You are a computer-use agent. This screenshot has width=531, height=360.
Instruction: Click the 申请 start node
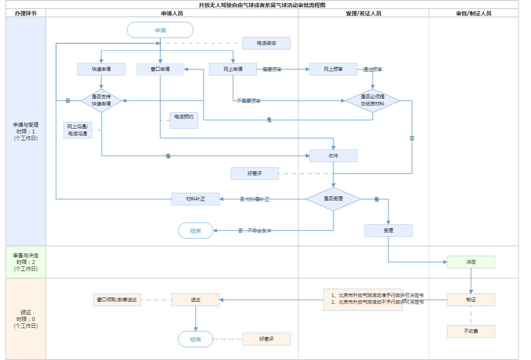click(x=160, y=30)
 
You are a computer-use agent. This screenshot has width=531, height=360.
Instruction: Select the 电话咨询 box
click(x=266, y=43)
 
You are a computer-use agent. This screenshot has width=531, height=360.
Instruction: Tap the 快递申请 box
click(x=101, y=69)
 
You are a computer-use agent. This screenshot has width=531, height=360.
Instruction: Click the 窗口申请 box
click(x=160, y=69)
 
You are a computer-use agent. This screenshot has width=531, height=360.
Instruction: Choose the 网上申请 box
click(x=233, y=69)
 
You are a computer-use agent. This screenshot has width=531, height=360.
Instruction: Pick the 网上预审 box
click(x=333, y=69)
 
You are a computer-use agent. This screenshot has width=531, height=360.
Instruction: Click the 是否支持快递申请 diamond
click(x=101, y=101)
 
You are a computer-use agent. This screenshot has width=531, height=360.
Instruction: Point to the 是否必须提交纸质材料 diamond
click(x=372, y=101)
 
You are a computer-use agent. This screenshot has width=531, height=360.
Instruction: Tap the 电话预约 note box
click(x=184, y=120)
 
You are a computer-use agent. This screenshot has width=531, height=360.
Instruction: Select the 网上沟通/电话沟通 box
click(x=77, y=130)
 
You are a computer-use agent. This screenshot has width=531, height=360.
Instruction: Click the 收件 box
click(x=333, y=156)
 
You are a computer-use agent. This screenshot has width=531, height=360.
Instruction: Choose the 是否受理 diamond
click(x=333, y=199)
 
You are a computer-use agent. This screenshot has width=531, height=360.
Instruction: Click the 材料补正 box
click(x=195, y=199)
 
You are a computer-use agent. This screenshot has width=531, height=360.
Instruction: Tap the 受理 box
click(x=388, y=231)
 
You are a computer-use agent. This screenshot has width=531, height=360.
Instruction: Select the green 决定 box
click(x=471, y=262)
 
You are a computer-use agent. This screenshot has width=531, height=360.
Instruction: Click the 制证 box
click(x=471, y=300)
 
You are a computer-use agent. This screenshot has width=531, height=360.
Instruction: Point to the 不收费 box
click(x=471, y=331)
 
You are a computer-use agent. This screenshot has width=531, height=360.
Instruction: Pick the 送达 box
click(x=195, y=300)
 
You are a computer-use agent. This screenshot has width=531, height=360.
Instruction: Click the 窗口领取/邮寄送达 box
click(x=117, y=300)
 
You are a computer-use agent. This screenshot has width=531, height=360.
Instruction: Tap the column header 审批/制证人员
click(x=474, y=13)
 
